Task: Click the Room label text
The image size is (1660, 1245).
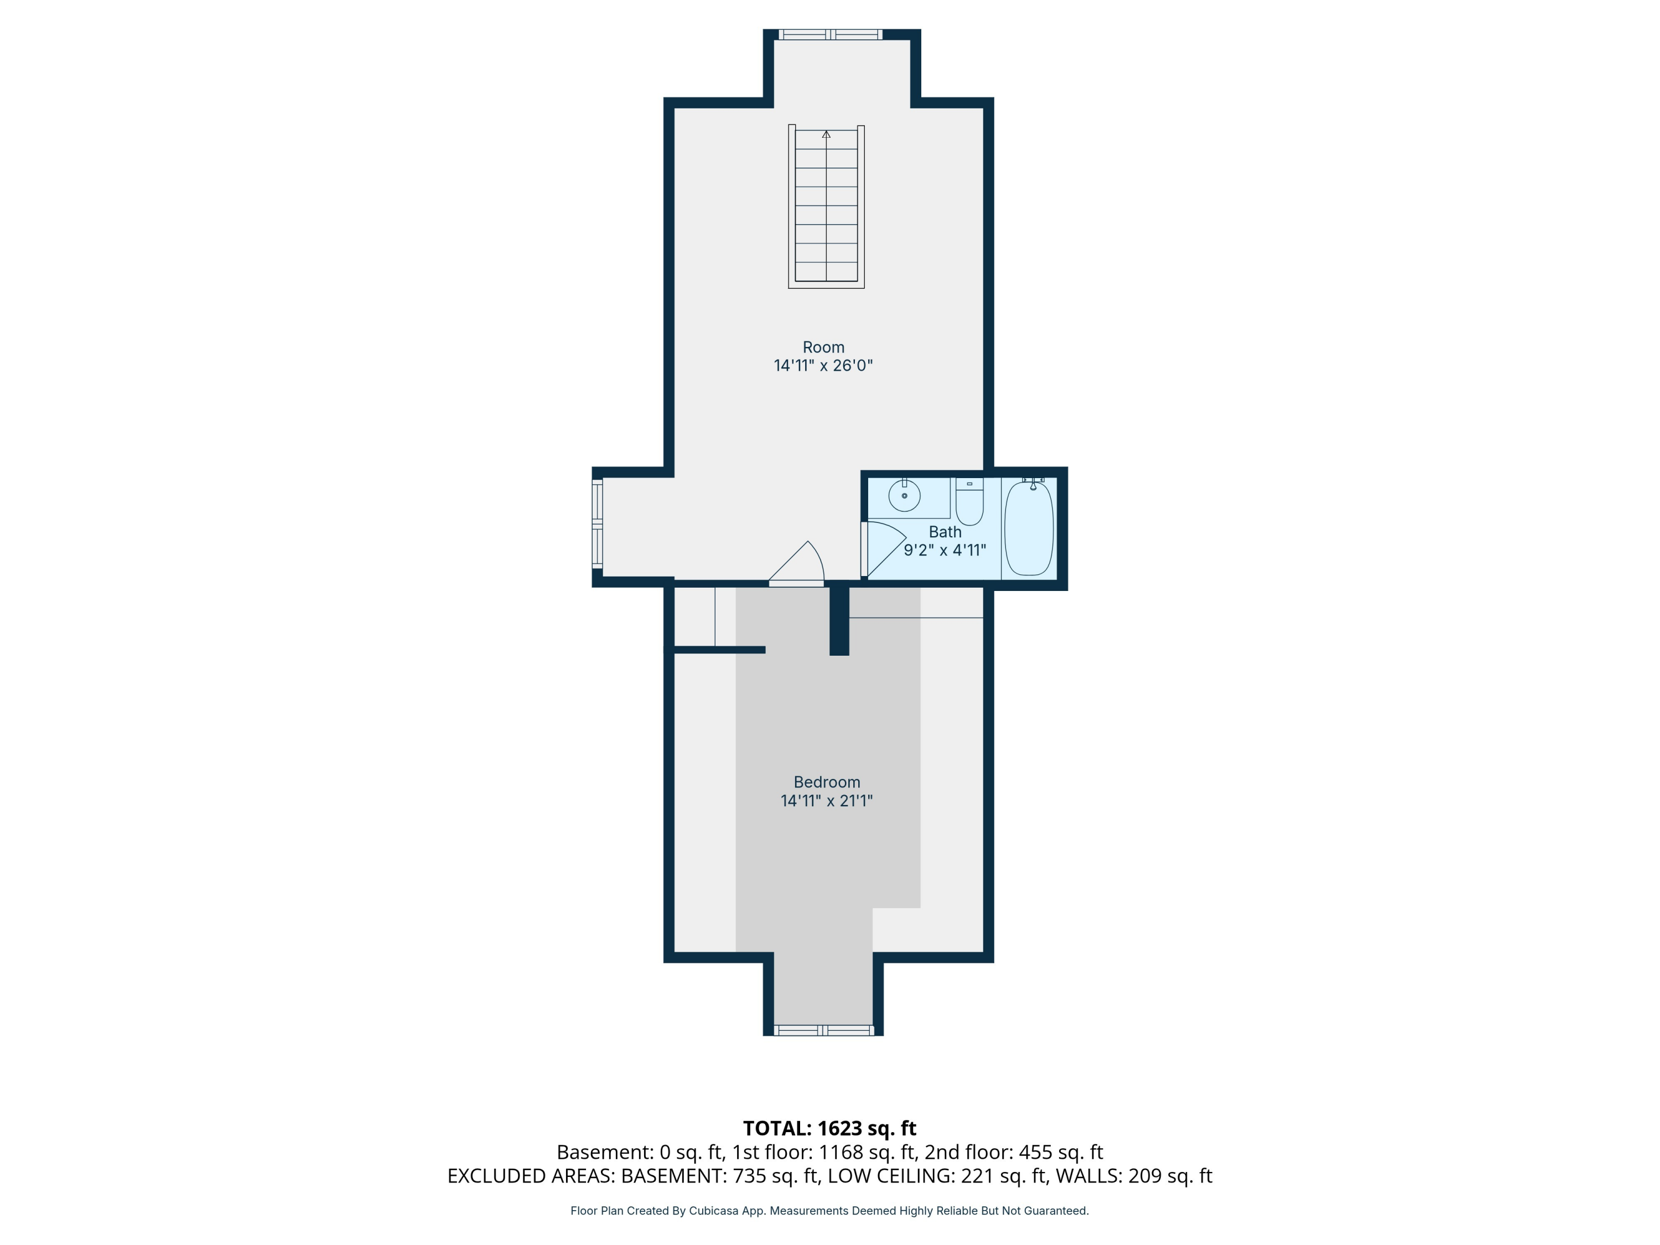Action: (x=823, y=347)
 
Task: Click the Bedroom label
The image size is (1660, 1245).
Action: (x=826, y=782)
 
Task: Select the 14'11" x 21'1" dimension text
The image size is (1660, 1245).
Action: (x=826, y=801)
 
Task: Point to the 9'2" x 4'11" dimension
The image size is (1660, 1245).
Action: (x=945, y=550)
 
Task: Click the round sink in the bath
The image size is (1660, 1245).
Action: (x=904, y=496)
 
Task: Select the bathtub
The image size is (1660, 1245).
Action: (x=1029, y=528)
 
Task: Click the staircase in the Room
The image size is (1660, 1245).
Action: (x=826, y=206)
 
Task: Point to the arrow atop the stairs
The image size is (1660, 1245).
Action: (x=826, y=134)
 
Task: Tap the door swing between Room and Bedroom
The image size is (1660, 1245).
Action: (x=799, y=564)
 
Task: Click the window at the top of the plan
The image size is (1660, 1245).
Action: (x=830, y=34)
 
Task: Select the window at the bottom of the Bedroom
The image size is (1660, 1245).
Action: (x=823, y=1030)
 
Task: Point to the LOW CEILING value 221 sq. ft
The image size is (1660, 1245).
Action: (x=1003, y=1176)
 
